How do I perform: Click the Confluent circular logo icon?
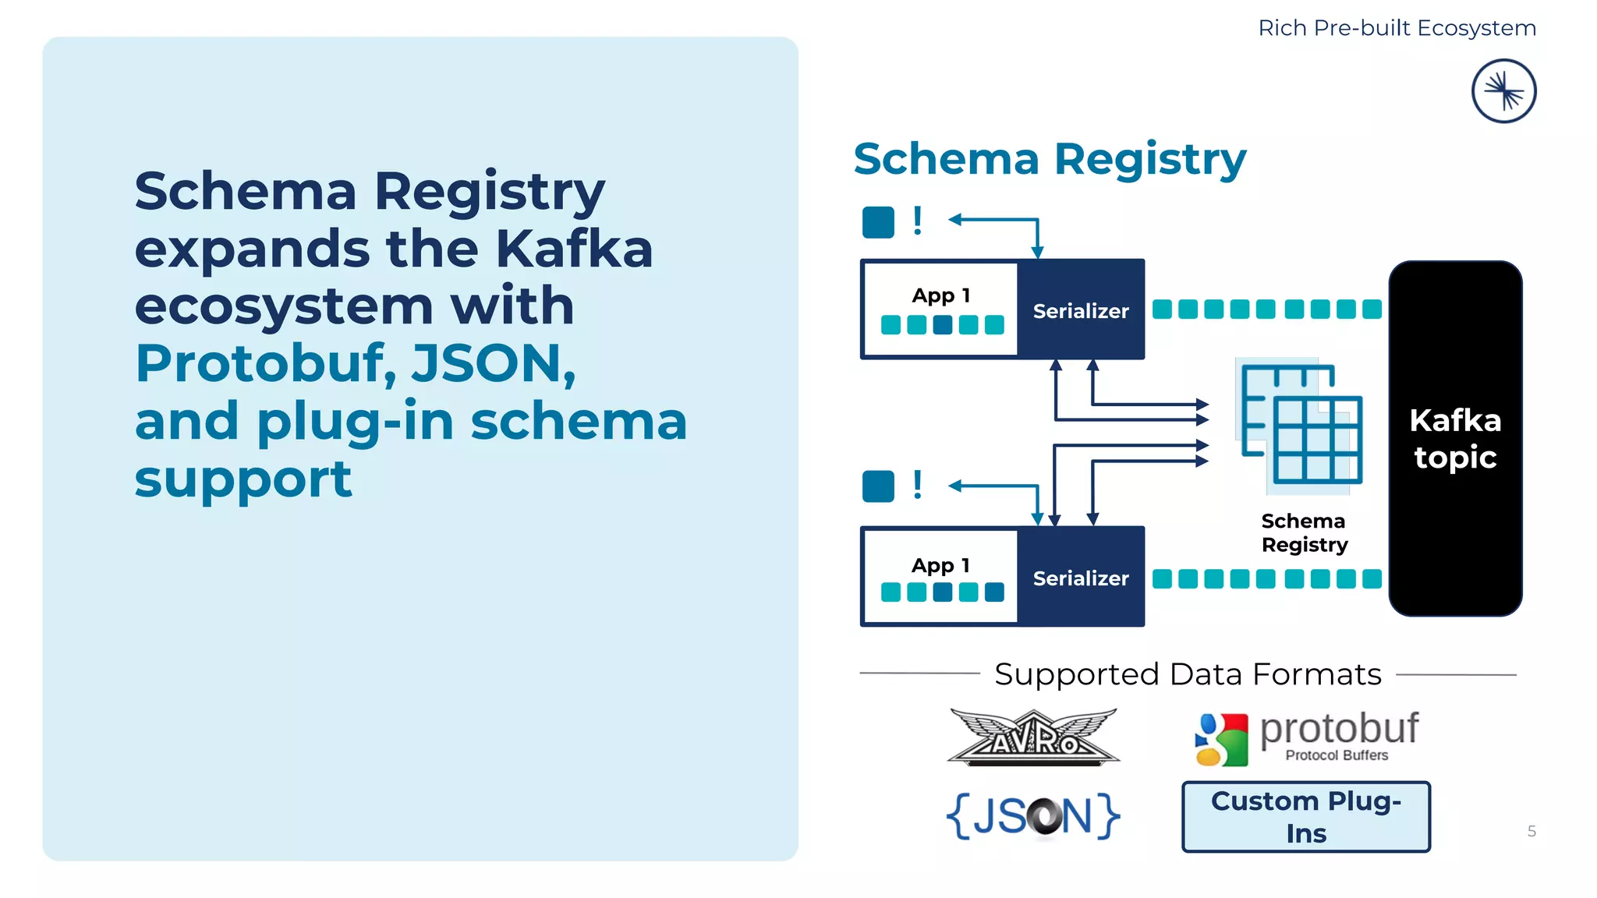[x=1503, y=91]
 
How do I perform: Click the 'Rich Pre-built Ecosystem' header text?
[x=1397, y=28]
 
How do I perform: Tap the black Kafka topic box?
[x=1455, y=438]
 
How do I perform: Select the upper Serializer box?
[x=1081, y=310]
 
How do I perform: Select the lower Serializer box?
[x=1081, y=578]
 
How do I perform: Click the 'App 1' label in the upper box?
[x=940, y=295]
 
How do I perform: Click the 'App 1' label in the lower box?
[x=940, y=565]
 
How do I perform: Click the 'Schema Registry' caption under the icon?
[x=1304, y=532]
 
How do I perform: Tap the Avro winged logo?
[x=1033, y=737]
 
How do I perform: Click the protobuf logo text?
[x=1338, y=730]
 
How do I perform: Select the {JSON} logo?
[x=1033, y=816]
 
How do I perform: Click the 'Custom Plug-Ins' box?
[x=1306, y=816]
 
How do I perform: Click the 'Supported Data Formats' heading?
[x=1188, y=674]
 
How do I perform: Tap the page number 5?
[x=1531, y=831]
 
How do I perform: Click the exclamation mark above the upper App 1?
[x=918, y=221]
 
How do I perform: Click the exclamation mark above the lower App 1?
[x=918, y=486]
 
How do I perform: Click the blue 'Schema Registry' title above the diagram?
[x=1050, y=160]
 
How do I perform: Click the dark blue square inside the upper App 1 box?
[x=943, y=325]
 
